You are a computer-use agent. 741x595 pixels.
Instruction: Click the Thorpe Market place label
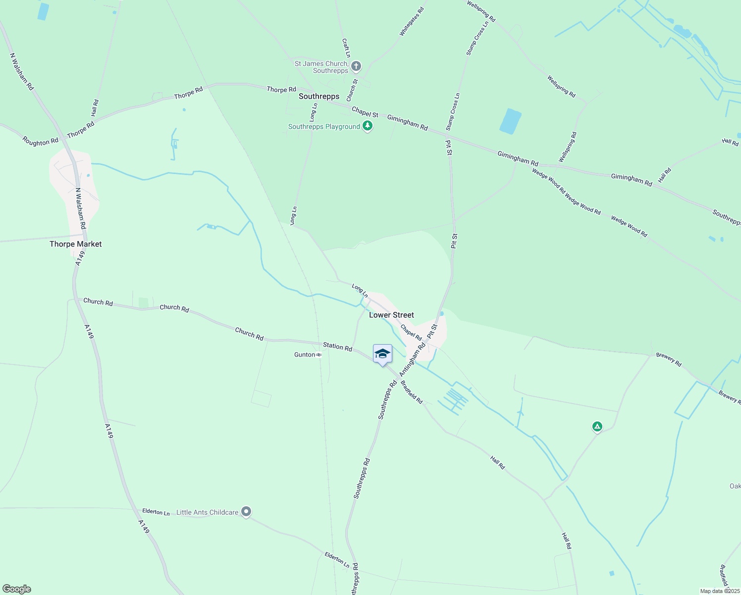tap(75, 244)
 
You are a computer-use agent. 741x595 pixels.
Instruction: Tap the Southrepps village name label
tap(319, 96)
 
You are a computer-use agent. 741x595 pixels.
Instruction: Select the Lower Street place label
tap(391, 315)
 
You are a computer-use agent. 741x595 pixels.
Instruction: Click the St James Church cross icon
tap(356, 66)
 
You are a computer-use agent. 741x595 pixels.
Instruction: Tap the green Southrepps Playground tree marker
tap(367, 126)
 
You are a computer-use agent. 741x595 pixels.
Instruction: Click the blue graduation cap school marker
tap(382, 354)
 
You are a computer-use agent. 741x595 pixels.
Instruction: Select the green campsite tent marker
tap(597, 426)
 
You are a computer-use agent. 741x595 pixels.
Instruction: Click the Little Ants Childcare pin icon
tap(246, 512)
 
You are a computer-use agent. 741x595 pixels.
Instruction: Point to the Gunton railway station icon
tap(319, 355)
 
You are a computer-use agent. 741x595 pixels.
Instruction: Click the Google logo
tap(16, 589)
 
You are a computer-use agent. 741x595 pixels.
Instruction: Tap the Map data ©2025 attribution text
tap(719, 591)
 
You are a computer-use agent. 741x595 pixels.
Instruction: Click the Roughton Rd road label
tap(40, 142)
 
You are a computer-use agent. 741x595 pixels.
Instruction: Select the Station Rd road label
tap(337, 346)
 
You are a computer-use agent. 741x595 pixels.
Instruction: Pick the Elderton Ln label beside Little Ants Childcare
tap(156, 511)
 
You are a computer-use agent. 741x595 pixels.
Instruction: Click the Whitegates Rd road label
tap(412, 22)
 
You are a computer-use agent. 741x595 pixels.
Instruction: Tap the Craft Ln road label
tap(346, 48)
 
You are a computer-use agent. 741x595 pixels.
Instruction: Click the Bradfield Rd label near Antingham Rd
tap(412, 392)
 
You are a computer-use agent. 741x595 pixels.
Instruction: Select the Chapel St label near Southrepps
tap(365, 112)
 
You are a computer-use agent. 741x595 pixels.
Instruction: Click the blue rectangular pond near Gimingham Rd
tap(510, 121)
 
